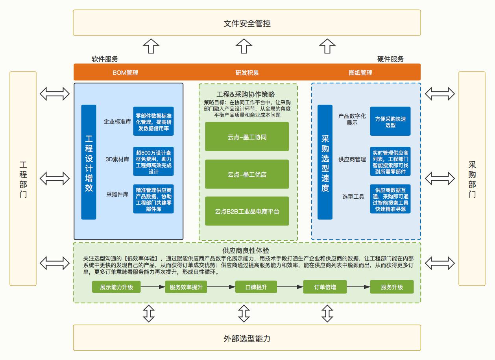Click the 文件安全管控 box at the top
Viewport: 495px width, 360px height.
pos(247,23)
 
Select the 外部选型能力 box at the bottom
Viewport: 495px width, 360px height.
pos(247,338)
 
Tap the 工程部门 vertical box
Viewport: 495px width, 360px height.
pos(23,179)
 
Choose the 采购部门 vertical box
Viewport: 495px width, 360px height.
pos(472,179)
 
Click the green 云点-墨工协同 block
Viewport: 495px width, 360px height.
pos(247,137)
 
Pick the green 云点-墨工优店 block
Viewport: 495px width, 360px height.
pos(247,174)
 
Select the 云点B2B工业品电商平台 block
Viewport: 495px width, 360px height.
pos(247,211)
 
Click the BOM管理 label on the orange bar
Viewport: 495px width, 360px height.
pos(125,72)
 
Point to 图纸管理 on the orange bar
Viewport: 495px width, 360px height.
pos(360,72)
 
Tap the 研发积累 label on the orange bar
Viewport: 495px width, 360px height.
pos(247,72)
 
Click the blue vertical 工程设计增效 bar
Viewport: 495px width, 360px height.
pos(89,162)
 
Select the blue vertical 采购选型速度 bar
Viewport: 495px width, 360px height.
pos(325,162)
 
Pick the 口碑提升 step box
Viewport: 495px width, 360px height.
pos(256,287)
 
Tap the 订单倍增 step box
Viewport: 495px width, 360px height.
pos(325,287)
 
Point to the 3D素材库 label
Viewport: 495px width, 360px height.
pos(117,159)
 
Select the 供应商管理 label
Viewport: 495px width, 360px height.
pos(352,160)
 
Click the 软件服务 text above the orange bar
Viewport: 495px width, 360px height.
pos(105,59)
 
